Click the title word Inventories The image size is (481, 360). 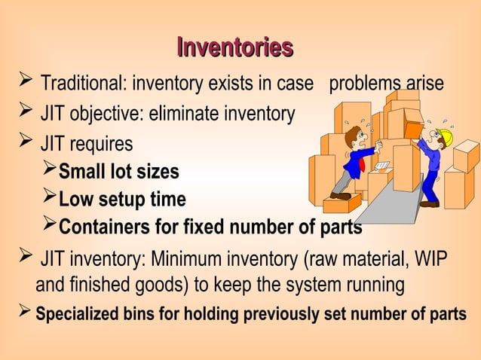point(235,47)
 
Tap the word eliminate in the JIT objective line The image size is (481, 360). point(184,113)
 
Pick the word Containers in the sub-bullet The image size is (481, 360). point(104,227)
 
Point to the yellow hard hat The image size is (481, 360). point(446,136)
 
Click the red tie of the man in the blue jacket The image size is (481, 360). point(362,165)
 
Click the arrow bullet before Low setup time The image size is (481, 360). point(49,196)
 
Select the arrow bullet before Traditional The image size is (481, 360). point(26,79)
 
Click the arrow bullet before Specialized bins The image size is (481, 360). point(25,310)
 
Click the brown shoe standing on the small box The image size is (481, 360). point(341,196)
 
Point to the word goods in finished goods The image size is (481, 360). point(159,285)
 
